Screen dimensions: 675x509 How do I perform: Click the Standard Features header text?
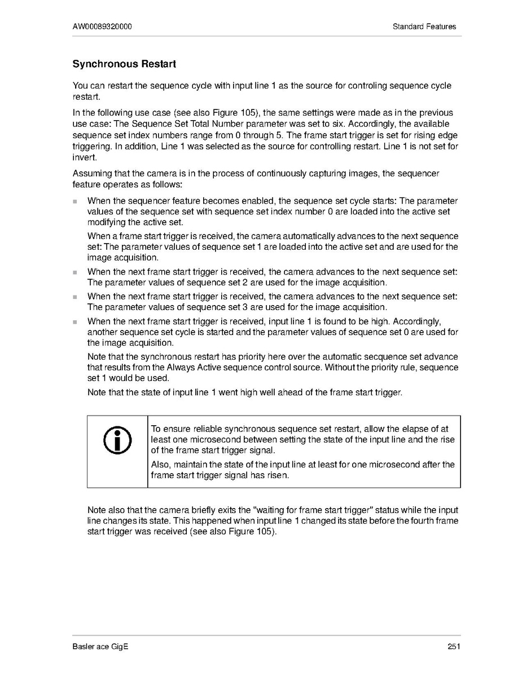point(424,27)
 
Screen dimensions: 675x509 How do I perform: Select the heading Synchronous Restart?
point(124,64)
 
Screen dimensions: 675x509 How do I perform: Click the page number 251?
point(454,647)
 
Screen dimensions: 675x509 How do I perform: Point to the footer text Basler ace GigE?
point(100,647)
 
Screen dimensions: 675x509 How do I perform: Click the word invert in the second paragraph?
point(82,158)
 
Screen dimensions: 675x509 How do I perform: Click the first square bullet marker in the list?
point(74,201)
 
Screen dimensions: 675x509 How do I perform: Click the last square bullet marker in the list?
point(74,321)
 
